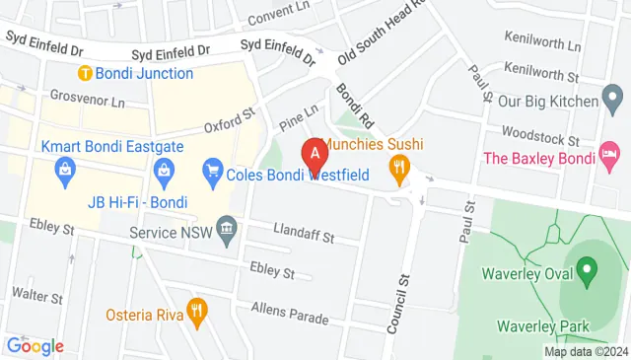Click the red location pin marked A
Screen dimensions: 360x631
click(x=315, y=153)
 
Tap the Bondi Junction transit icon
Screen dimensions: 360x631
click(x=86, y=73)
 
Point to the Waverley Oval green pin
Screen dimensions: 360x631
click(x=586, y=268)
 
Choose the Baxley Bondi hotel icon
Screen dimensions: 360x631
click(x=610, y=153)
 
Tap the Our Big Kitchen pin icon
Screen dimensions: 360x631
click(x=611, y=99)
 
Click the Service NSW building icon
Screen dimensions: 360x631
click(x=226, y=233)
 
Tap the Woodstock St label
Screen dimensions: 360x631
click(x=538, y=130)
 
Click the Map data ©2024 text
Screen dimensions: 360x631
click(x=586, y=351)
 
